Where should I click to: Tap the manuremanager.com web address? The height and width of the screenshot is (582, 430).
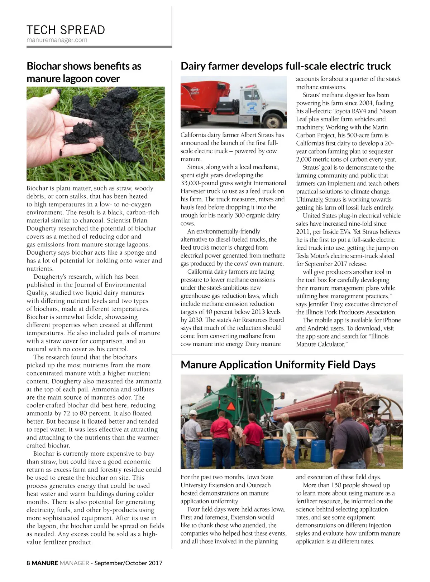tap(57, 40)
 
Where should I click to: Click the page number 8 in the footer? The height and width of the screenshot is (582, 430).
tap(28, 563)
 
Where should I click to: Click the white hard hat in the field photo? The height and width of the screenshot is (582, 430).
tap(193, 412)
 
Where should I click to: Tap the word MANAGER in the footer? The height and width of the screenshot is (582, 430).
tap(74, 563)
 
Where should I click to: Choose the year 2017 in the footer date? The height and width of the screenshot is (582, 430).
tap(155, 563)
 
